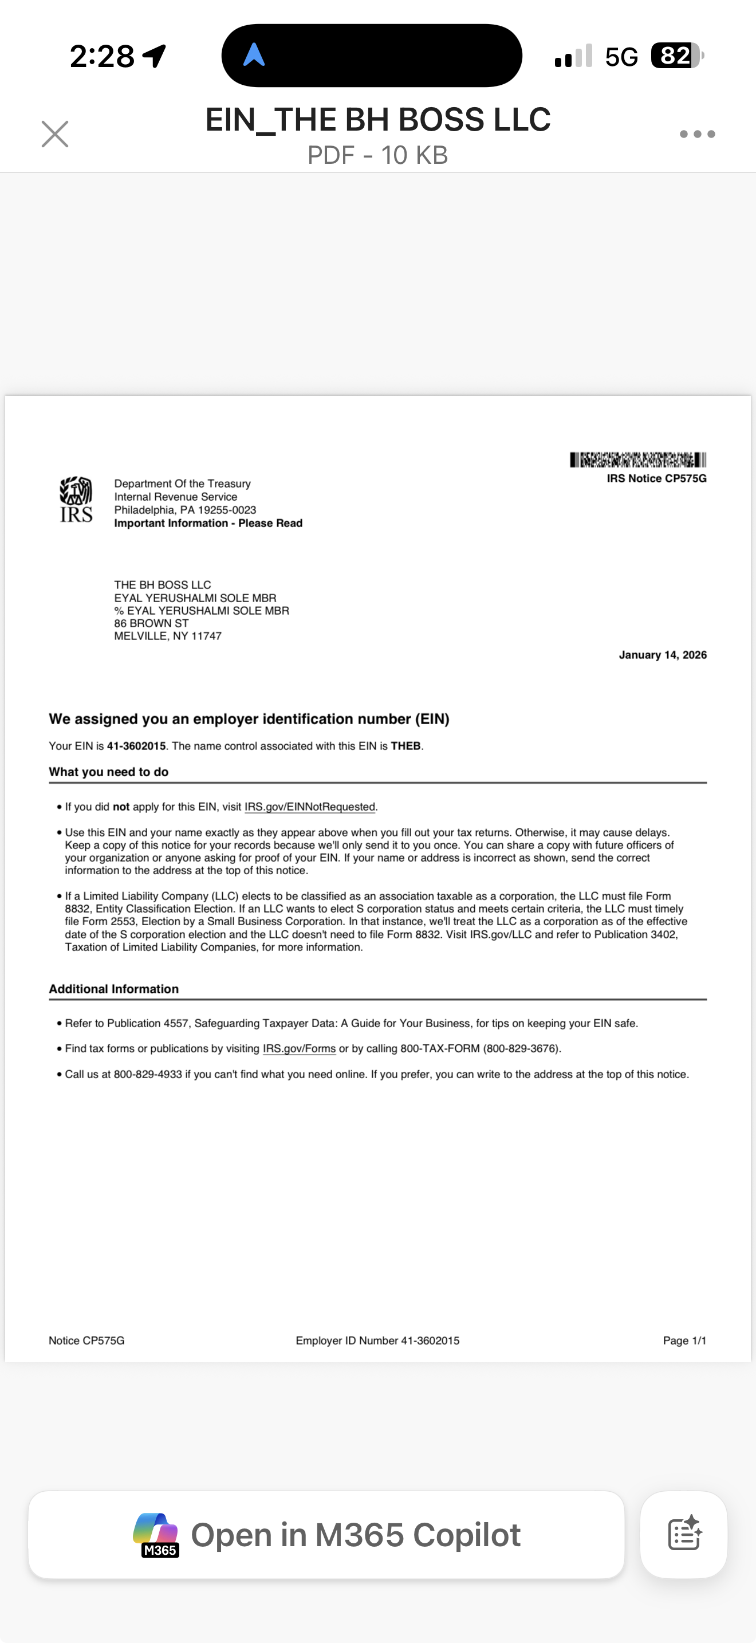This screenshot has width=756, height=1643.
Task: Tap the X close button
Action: tap(55, 134)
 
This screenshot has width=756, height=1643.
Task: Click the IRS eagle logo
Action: tap(76, 500)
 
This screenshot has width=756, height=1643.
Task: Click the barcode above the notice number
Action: tap(637, 459)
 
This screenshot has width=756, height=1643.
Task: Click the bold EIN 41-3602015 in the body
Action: tap(136, 746)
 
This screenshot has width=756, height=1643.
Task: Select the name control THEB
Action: tap(405, 746)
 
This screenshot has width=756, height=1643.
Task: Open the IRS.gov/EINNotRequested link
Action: tap(310, 807)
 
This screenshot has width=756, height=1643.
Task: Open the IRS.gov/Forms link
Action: tap(299, 1048)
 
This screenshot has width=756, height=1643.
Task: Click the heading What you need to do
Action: tap(109, 772)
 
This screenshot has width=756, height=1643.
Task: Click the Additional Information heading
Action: tap(114, 989)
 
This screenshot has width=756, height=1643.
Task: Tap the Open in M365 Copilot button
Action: tap(326, 1535)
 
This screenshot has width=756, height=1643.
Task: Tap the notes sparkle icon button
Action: tap(684, 1535)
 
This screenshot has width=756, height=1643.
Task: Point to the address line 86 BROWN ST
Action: tap(152, 623)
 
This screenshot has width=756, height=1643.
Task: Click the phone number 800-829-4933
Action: tap(148, 1074)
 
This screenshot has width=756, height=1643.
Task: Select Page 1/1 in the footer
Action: tap(684, 1341)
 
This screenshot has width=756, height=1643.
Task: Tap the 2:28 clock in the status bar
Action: tap(102, 56)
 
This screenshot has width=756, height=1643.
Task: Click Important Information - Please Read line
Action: tap(208, 523)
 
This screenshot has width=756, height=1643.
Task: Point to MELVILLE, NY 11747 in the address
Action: tap(168, 636)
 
